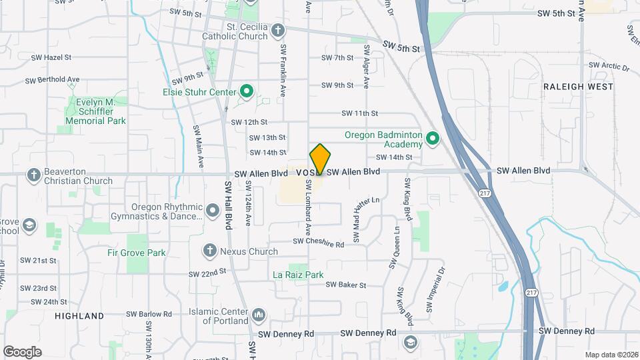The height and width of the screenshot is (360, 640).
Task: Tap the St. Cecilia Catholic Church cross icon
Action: pos(279,30)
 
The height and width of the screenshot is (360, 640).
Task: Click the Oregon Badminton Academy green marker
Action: pos(433,139)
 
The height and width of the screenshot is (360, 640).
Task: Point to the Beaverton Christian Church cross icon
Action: pos(33,175)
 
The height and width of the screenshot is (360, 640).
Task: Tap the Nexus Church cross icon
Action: pos(210,250)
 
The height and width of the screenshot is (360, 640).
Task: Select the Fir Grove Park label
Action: pos(137,253)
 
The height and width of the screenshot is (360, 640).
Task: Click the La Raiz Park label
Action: pos(298,274)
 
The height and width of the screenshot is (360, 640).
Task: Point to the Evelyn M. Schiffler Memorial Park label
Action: pos(96,111)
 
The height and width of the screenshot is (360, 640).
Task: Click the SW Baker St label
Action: pos(346,285)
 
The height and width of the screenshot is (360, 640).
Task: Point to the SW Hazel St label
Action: pos(51,58)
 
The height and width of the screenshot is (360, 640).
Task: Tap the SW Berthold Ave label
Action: pos(52,80)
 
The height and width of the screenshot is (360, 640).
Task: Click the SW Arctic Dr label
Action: pos(609,65)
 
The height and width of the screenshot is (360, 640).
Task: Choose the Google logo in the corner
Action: pos(22,351)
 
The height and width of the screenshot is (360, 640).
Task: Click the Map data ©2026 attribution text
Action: pos(611,355)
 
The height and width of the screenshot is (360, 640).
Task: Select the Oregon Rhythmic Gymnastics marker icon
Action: pos(213,211)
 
